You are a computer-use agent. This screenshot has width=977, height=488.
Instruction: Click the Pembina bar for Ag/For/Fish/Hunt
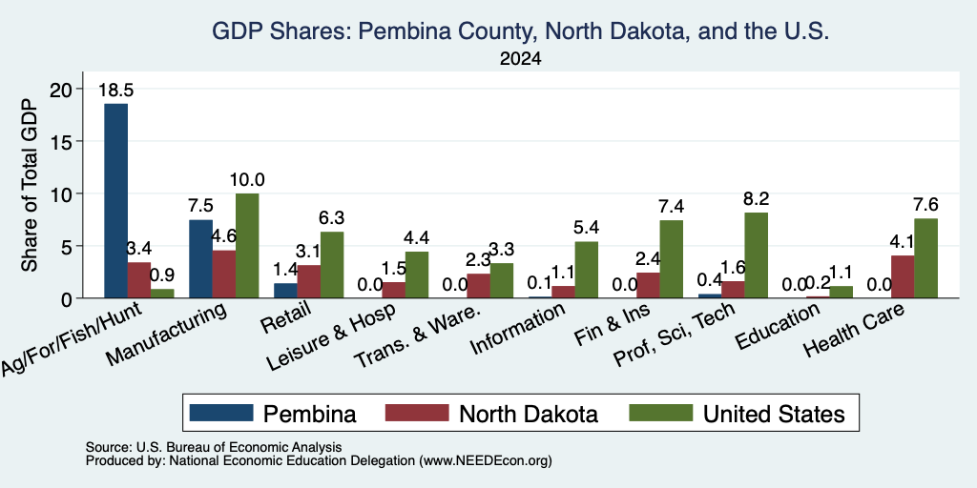tap(115, 201)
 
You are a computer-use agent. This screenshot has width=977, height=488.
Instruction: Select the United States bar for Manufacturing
tap(247, 246)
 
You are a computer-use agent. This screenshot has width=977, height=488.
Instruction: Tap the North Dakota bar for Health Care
tap(903, 277)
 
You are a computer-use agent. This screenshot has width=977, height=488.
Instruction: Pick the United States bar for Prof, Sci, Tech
tap(757, 255)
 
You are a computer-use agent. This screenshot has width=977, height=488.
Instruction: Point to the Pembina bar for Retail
tap(285, 291)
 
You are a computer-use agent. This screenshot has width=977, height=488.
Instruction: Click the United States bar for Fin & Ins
tap(672, 259)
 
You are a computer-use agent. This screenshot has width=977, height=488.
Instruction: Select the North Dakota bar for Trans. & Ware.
tap(479, 286)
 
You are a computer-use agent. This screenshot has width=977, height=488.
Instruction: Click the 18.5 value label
tap(115, 91)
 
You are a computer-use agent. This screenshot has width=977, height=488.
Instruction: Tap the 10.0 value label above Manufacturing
tap(247, 180)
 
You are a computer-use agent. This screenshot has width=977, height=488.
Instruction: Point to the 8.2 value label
tap(757, 198)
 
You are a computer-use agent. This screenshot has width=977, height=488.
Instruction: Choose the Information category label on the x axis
tap(518, 328)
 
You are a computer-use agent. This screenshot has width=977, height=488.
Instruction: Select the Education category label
tap(779, 326)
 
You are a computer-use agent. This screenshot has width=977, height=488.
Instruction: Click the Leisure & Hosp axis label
tap(332, 336)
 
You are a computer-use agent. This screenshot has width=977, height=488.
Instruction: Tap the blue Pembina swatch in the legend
tap(221, 413)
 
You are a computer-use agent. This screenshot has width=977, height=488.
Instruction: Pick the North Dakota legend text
tap(529, 414)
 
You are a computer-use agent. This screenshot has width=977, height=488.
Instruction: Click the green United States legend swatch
tap(661, 413)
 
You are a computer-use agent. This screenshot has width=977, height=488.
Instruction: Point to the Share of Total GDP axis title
tap(30, 185)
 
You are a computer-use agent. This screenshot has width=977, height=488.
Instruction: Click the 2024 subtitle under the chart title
tap(520, 59)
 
